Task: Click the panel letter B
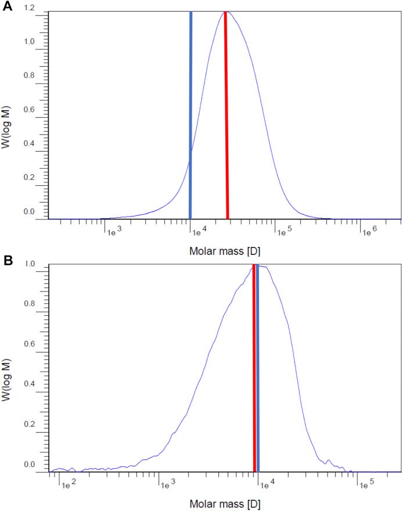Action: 8,261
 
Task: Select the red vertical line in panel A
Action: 226,116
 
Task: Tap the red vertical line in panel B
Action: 254,372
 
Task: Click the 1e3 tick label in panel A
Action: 113,233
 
